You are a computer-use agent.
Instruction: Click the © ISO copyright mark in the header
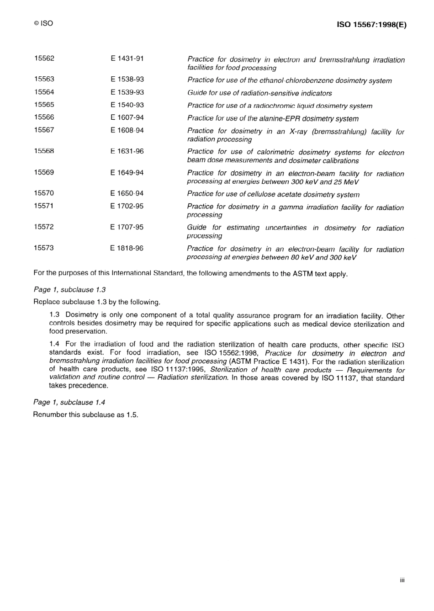[43, 23]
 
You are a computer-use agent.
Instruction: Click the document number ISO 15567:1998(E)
[371, 25]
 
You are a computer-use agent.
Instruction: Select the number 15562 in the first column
[44, 58]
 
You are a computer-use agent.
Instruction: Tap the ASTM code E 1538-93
[127, 80]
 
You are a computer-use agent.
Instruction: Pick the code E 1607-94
[127, 117]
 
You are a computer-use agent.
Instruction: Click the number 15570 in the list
[44, 193]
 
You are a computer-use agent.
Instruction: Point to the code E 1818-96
[127, 248]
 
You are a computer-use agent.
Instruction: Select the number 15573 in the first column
[44, 248]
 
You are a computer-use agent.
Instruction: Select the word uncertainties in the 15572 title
[286, 228]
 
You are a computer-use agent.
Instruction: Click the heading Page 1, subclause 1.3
[69, 290]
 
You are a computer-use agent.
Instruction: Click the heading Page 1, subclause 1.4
[69, 402]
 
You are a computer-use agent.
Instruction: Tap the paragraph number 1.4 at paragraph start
[54, 344]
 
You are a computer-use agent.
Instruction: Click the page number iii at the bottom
[402, 580]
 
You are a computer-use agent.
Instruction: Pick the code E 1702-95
[127, 206]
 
